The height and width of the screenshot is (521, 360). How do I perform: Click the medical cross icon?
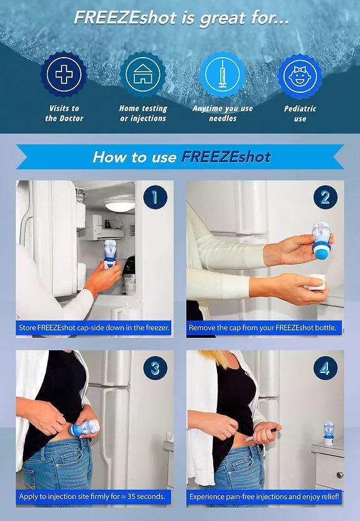click(x=64, y=74)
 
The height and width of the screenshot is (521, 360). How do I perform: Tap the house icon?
click(x=142, y=74)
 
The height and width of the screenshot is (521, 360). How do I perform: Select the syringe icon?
click(x=222, y=74)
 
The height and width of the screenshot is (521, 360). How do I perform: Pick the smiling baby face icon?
click(x=300, y=75)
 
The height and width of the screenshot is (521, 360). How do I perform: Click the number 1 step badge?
click(x=156, y=197)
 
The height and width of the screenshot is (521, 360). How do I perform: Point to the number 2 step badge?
click(x=326, y=197)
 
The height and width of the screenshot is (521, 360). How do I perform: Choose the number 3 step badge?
click(x=156, y=368)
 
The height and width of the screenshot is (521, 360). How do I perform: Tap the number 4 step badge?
click(x=326, y=368)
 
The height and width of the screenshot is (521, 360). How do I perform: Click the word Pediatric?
click(x=300, y=108)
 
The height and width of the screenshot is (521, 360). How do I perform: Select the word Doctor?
click(x=71, y=118)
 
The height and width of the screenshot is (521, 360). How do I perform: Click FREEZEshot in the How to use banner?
click(x=226, y=157)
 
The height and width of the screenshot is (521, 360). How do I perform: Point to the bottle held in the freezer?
click(x=110, y=253)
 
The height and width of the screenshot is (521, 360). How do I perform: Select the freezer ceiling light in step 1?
click(x=120, y=206)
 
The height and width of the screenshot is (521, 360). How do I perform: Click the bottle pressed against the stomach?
click(x=84, y=428)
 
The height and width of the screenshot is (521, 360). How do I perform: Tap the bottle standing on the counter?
click(x=329, y=433)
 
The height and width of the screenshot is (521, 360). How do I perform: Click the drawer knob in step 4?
click(x=340, y=475)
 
